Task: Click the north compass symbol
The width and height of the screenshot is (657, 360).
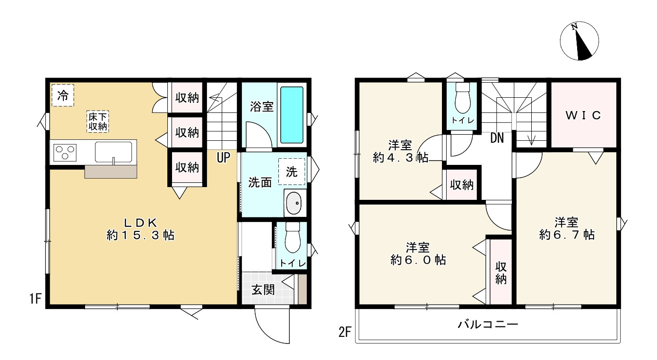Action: point(580,42)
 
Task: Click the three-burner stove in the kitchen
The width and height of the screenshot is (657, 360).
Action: point(66,152)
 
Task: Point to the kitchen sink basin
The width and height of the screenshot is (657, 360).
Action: point(115,151)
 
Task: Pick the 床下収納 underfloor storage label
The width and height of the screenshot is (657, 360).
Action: point(98,121)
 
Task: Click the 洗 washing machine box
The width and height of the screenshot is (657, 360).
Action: point(292,171)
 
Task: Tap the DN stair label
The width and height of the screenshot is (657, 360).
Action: point(497,138)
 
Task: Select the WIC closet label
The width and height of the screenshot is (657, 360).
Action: point(584,115)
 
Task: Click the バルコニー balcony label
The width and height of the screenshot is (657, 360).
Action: point(488,325)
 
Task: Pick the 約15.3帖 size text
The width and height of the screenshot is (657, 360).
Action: point(140,235)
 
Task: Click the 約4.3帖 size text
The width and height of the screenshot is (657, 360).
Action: point(400,158)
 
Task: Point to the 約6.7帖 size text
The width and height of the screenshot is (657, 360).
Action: point(567,234)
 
